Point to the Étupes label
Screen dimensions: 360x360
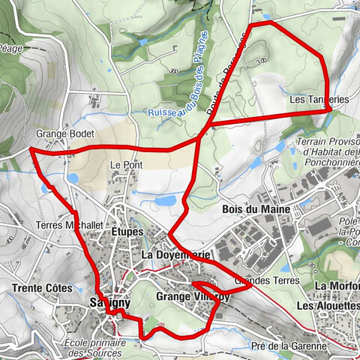pos(125,232)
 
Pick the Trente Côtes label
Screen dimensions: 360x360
pos(41,288)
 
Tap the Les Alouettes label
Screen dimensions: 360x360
pos(328,306)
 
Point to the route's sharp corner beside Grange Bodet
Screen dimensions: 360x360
pos(31,150)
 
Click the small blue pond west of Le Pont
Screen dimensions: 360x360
pos(73,178)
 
